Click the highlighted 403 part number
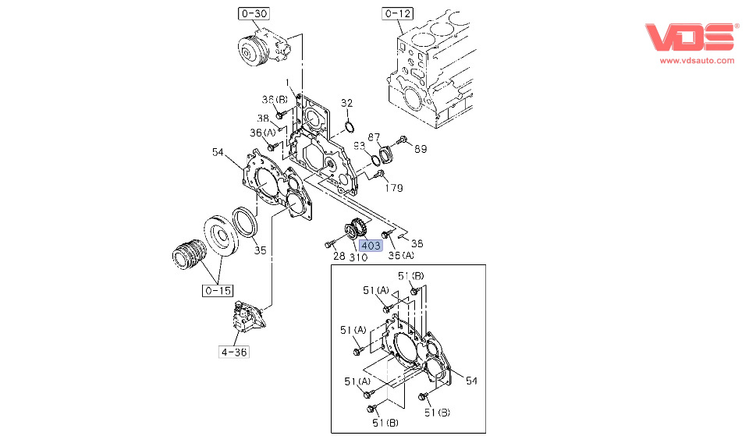371,245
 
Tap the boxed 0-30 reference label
253,13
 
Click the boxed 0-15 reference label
218,291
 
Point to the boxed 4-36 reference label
233,352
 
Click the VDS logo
690,38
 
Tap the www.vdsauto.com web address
698,60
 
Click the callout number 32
347,103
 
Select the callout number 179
394,188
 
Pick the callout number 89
421,149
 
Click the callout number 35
261,250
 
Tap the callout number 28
339,257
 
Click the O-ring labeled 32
350,126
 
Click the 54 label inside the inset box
470,381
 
